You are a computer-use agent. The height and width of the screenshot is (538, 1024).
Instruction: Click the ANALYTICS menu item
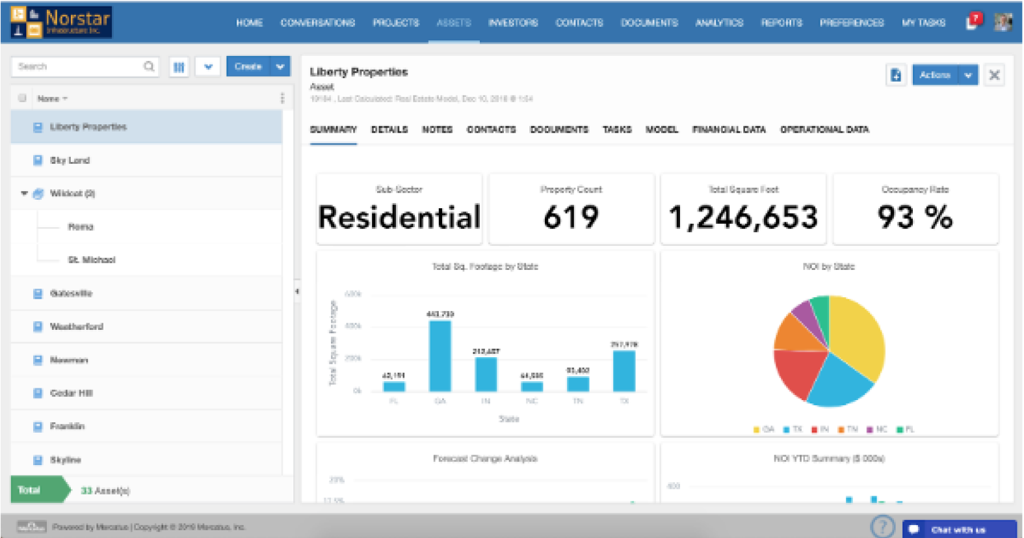tap(719, 23)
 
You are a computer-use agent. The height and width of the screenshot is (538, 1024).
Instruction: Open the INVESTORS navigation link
tap(513, 23)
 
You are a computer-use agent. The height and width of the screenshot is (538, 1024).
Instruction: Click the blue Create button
tap(248, 66)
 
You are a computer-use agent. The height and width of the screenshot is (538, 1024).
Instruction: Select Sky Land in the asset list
tap(70, 160)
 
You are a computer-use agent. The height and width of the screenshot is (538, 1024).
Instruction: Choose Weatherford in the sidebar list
tap(76, 327)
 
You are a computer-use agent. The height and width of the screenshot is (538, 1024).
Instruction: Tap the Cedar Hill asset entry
tap(71, 393)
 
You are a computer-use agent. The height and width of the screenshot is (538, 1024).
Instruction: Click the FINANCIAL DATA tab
tap(729, 129)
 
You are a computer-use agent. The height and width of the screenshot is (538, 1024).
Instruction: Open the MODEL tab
tap(661, 129)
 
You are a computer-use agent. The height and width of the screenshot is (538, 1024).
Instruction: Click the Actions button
tap(935, 75)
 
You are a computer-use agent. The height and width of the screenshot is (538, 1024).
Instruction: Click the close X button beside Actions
tap(994, 75)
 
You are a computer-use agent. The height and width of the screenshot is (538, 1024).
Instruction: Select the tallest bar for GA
tap(440, 355)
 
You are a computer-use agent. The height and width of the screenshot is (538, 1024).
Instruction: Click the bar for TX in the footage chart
tap(624, 371)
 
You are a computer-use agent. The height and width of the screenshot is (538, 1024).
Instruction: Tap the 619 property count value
tap(571, 217)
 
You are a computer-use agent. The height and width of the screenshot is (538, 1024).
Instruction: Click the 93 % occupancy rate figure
tap(915, 217)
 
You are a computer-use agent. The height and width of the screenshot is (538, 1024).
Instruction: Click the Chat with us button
tap(958, 530)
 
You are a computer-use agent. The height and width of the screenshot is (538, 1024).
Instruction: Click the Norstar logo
tap(61, 22)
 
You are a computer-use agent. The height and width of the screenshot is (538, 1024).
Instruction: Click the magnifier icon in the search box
tap(149, 66)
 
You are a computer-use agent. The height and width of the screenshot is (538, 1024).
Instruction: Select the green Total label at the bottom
tap(30, 490)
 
